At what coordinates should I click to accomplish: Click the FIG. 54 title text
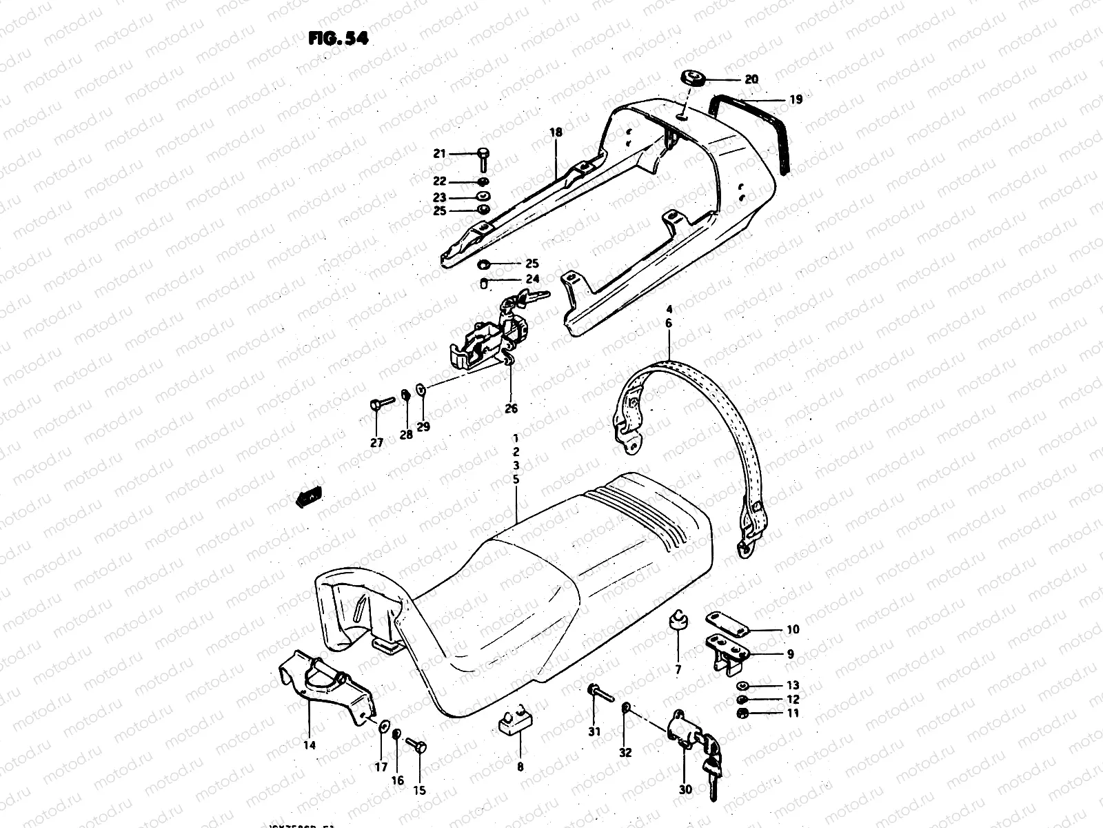click(x=338, y=39)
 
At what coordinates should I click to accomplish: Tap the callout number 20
click(x=751, y=79)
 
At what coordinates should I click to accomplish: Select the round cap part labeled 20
click(x=693, y=77)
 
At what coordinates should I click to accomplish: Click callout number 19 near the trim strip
click(x=796, y=99)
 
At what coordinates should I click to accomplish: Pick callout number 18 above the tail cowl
click(x=556, y=132)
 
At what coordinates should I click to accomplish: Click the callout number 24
click(x=532, y=279)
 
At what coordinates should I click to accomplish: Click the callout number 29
click(x=423, y=426)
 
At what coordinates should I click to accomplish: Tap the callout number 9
click(x=790, y=654)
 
